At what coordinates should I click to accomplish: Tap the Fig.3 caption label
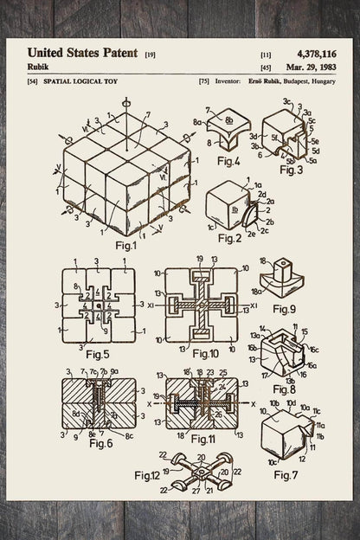tap(295, 171)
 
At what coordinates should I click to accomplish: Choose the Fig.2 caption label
tap(227, 237)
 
